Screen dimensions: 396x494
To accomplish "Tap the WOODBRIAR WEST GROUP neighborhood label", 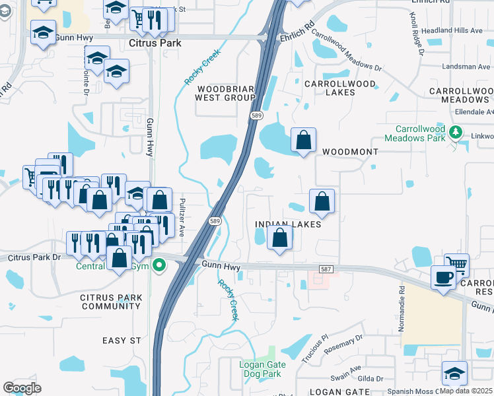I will (x=225, y=92).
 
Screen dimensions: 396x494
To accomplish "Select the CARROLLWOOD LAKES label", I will (x=339, y=88).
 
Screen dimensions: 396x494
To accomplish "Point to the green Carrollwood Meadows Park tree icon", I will (x=455, y=133).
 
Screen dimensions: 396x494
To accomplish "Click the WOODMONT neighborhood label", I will (x=350, y=152).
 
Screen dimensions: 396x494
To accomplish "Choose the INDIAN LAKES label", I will (x=288, y=224).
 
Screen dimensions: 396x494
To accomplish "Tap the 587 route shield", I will (x=324, y=269).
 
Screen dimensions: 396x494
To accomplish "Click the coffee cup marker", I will (x=442, y=277).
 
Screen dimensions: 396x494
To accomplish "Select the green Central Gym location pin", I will (x=159, y=267).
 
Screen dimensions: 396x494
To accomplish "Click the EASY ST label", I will (x=122, y=341).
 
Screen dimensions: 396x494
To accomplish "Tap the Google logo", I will (x=22, y=387).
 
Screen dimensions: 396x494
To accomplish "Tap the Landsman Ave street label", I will (x=466, y=67).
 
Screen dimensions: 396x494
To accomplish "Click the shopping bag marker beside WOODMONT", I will (x=303, y=139).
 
